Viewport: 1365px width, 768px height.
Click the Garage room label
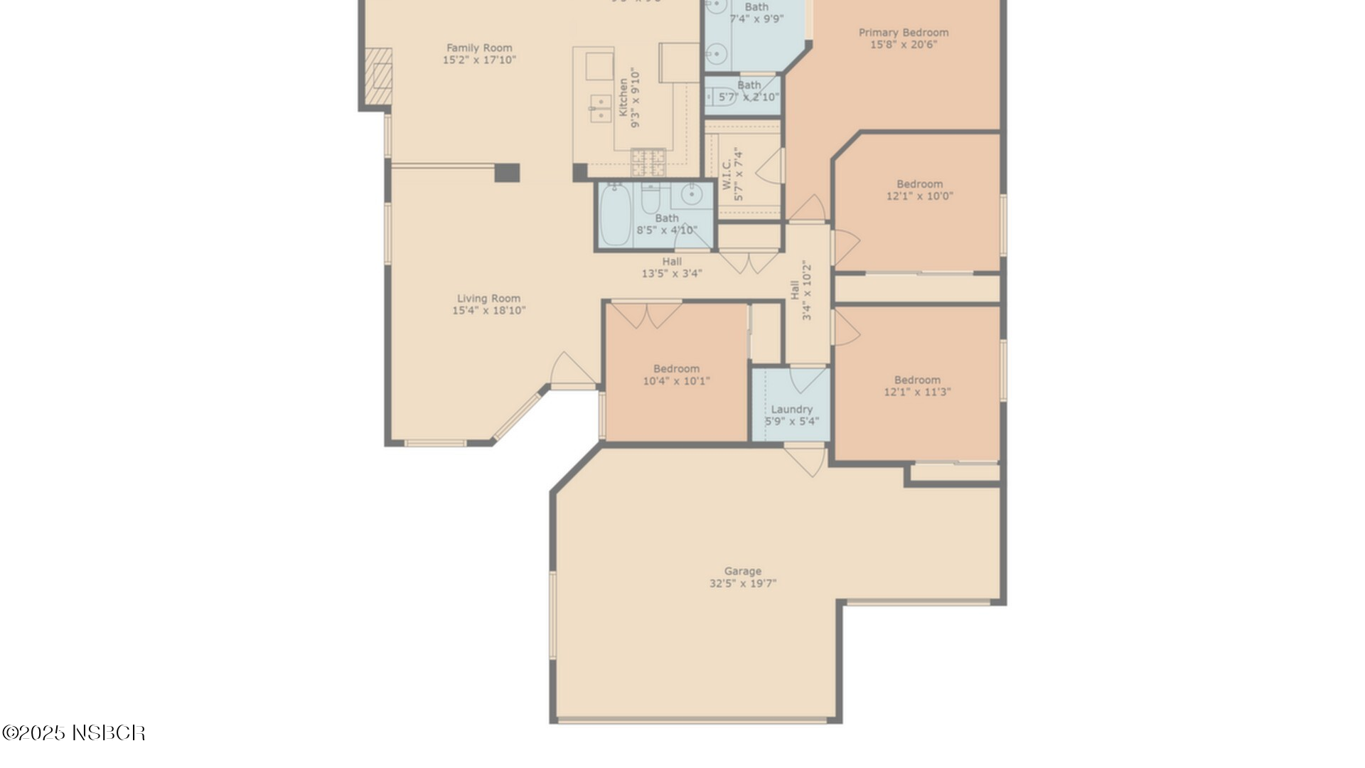(742, 571)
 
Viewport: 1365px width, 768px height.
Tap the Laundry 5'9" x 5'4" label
(791, 415)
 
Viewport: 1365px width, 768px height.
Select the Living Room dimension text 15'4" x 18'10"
(488, 311)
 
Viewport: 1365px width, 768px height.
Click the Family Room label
(479, 48)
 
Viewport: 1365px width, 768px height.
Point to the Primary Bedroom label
(903, 33)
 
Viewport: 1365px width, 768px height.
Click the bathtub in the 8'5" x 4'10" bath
(615, 214)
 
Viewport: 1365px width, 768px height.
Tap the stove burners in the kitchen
(648, 162)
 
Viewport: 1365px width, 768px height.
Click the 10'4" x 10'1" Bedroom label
(676, 375)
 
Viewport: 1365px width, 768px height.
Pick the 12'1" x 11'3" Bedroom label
(917, 385)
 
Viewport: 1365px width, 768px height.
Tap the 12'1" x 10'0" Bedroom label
(919, 190)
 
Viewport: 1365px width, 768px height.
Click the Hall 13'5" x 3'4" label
(672, 267)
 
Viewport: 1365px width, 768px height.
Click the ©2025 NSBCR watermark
(74, 733)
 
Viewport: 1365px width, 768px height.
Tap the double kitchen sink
(601, 109)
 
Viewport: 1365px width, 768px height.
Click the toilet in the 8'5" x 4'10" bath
(651, 198)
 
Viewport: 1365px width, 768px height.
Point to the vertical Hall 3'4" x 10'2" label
(801, 289)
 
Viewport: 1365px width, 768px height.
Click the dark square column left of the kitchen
(507, 173)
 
